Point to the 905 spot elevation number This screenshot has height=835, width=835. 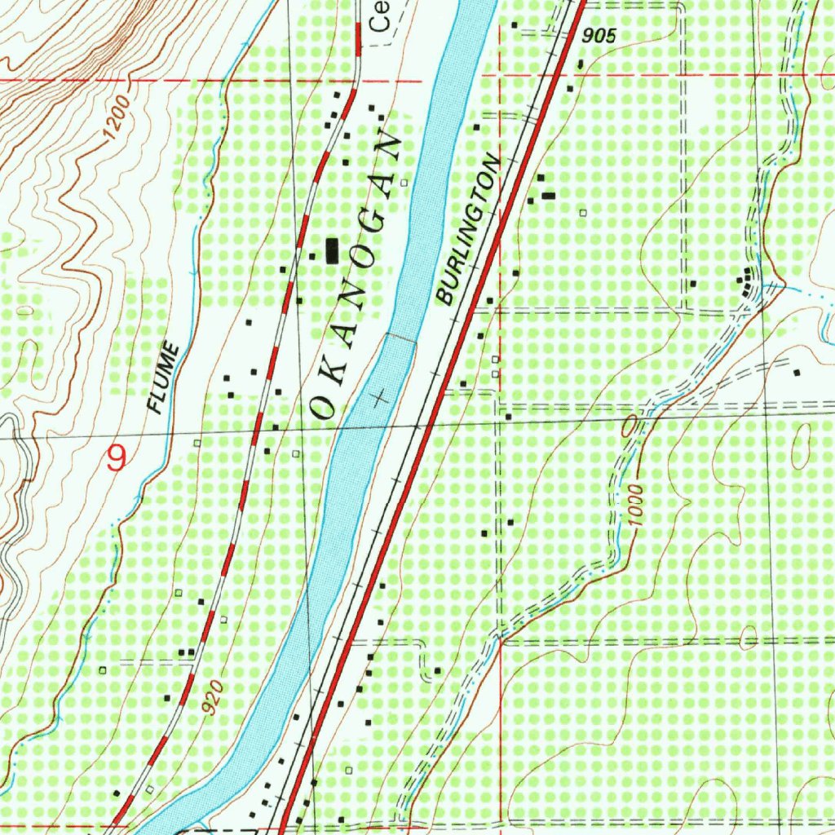point(600,36)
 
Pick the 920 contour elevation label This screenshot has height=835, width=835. point(212,699)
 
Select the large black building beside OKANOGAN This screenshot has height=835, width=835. point(332,250)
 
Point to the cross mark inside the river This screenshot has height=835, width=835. point(378,399)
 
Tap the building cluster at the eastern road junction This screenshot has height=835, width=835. point(744,282)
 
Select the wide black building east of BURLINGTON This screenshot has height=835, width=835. point(549,195)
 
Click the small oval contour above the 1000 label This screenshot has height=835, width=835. point(630,426)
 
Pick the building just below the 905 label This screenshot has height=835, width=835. point(580,64)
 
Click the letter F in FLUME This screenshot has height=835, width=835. point(155,405)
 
